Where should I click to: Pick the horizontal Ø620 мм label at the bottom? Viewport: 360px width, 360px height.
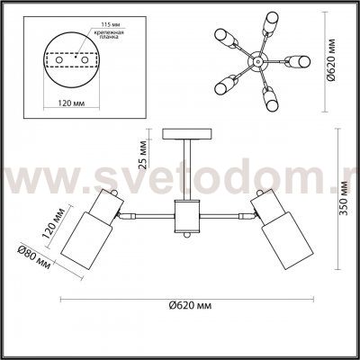point(188,305)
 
